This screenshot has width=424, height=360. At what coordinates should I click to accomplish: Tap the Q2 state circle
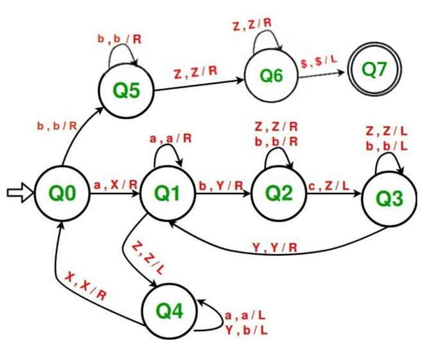pos(277,191)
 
